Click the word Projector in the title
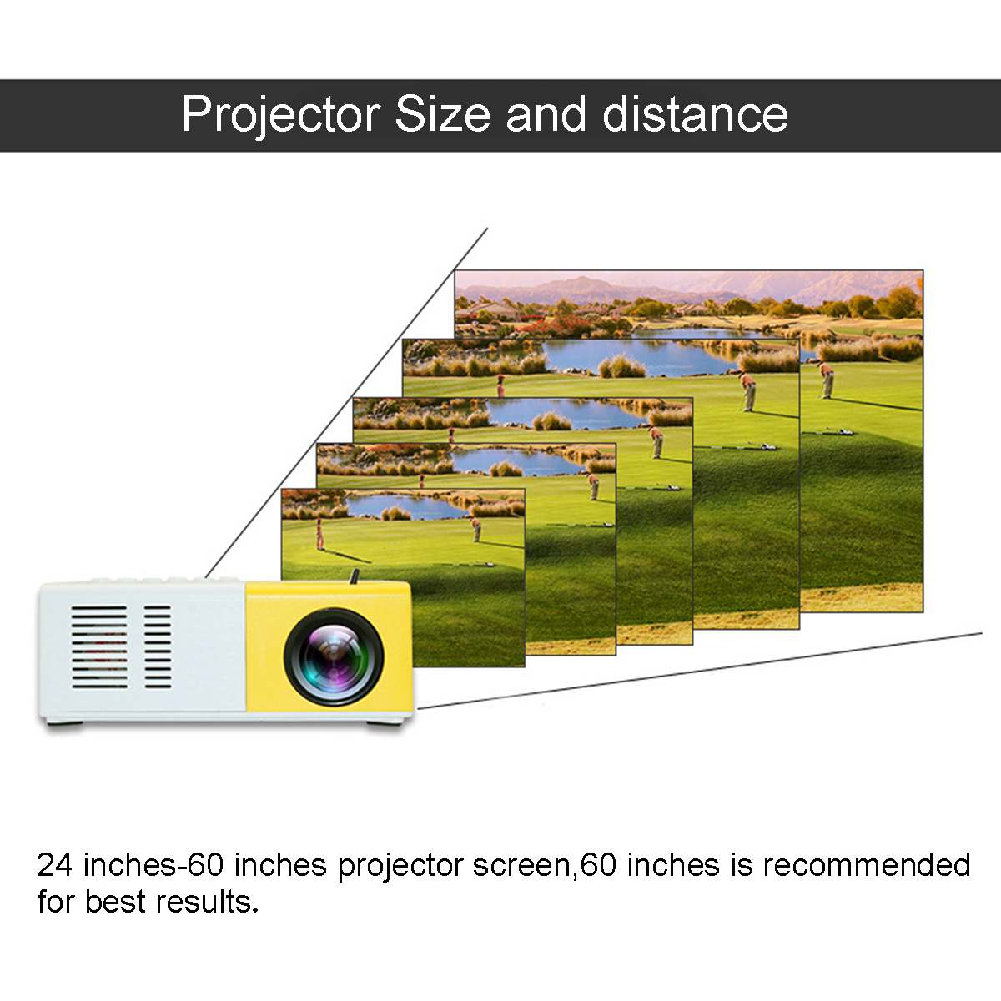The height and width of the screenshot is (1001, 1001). click(x=280, y=115)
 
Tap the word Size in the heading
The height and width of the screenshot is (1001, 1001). click(x=442, y=115)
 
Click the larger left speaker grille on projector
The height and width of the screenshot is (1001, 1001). click(x=99, y=647)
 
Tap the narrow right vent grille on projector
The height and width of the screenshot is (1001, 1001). click(x=158, y=647)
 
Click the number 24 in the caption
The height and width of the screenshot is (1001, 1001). click(x=55, y=865)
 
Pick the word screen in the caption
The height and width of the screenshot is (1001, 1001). click(x=521, y=865)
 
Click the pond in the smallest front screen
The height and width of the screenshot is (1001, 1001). click(x=400, y=506)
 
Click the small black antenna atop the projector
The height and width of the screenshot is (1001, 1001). click(x=355, y=576)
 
